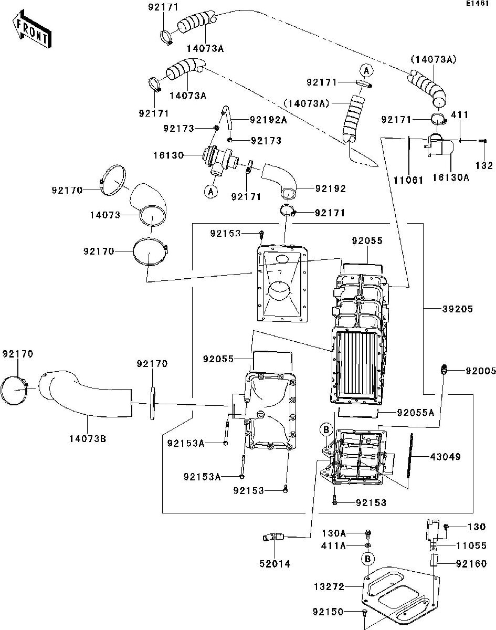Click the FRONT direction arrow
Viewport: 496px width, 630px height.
31,29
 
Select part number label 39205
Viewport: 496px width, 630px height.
457,309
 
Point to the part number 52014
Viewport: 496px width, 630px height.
275,563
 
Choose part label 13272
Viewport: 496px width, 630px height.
329,587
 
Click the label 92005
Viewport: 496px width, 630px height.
481,371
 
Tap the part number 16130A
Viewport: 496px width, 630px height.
451,177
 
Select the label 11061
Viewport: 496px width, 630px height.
408,180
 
